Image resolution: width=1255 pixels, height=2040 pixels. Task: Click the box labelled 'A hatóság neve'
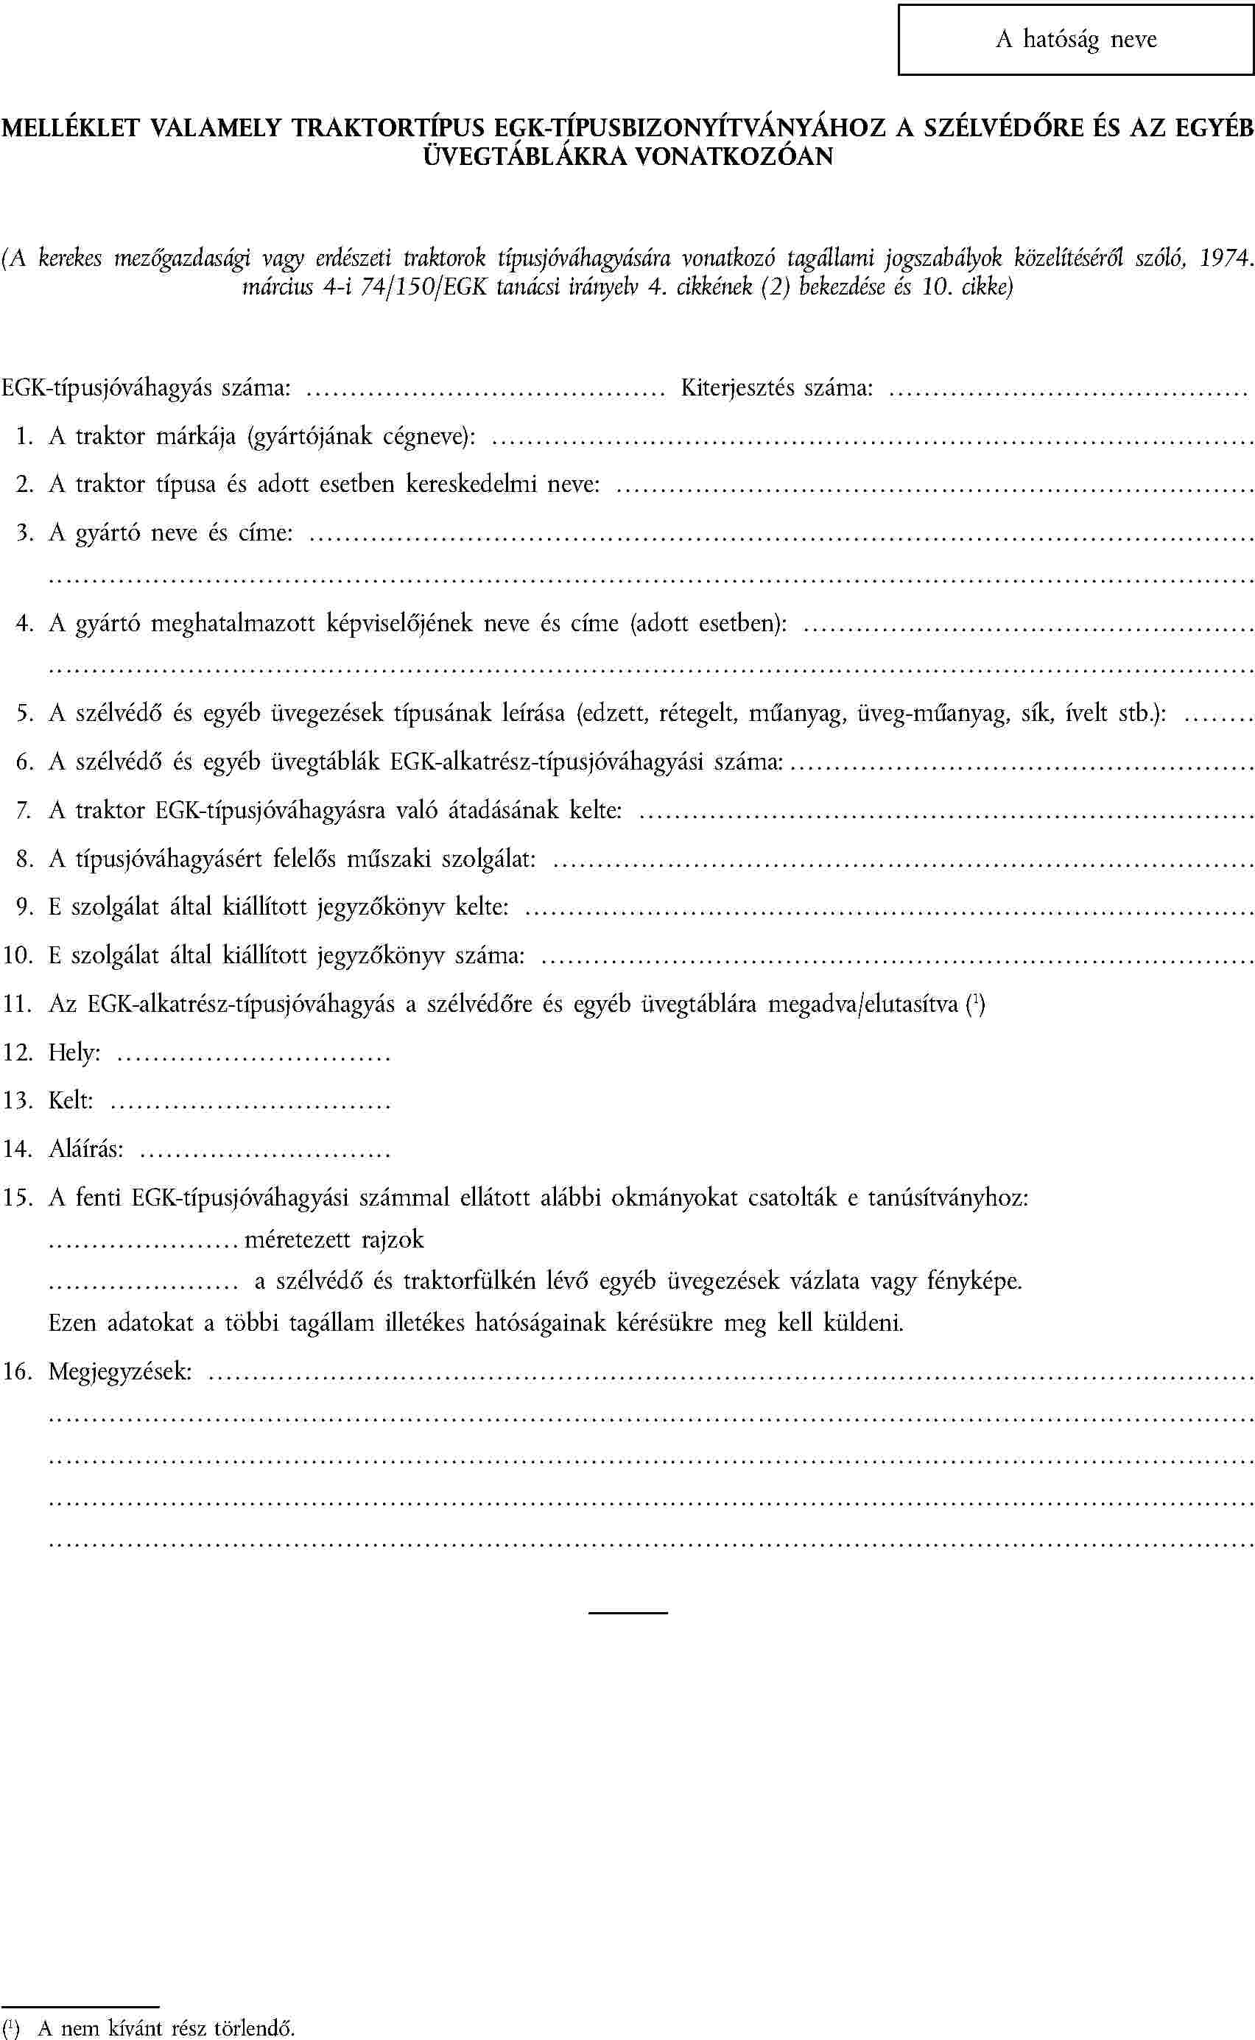1076,40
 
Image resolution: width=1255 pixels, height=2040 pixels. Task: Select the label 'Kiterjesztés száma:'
777,387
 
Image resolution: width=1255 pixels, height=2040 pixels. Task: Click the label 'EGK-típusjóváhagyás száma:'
146,387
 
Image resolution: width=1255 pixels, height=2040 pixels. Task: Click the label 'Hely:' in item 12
74,1053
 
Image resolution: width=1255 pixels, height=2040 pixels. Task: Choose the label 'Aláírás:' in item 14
85,1150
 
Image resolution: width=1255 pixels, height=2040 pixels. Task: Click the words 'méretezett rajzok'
334,1240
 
